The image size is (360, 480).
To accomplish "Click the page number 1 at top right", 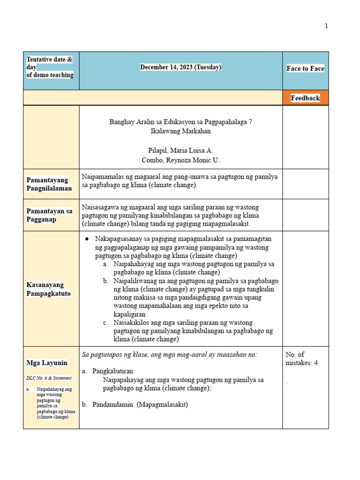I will coord(326,26).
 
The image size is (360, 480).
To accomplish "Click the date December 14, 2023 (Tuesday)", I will coord(180,67).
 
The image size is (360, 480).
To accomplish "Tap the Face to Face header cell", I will coord(305,68).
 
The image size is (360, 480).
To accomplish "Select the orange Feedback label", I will coord(305,98).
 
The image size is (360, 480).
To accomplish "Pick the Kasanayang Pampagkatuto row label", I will coord(49,289).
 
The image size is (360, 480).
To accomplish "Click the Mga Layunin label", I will coord(47,363).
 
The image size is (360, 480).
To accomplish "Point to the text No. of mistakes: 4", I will coord(301,359).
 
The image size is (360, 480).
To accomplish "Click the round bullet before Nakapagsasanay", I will coord(87,239).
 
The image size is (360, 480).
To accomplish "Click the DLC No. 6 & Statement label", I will coord(49,378).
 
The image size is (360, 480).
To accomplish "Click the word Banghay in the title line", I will coord(121,122).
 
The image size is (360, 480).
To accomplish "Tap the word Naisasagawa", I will coord(100,207).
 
